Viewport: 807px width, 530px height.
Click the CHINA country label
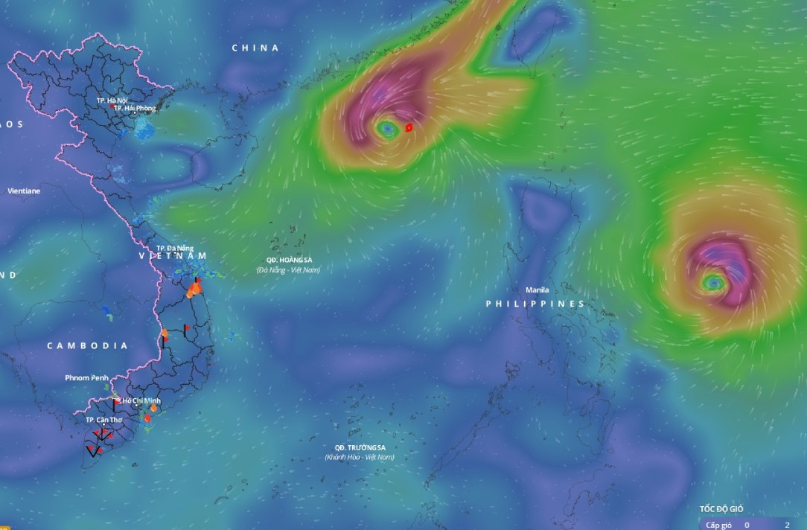255,48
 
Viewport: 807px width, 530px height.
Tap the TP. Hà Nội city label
112,100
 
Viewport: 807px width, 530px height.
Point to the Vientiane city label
24,191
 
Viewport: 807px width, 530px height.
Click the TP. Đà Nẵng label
175,248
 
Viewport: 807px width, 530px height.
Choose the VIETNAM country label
173,256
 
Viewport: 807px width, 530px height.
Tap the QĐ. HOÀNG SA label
288,259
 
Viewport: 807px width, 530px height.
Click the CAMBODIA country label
87,346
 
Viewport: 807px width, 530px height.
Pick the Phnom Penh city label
87,378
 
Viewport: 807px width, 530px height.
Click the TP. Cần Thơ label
104,420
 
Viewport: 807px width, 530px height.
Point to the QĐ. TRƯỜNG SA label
360,447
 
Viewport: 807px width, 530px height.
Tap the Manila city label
537,290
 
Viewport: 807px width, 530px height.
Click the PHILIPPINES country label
535,304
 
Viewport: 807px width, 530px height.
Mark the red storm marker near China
409,128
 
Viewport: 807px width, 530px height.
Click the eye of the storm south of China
386,130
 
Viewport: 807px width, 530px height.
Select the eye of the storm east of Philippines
713,282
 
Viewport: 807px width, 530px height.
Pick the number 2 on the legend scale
787,525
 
